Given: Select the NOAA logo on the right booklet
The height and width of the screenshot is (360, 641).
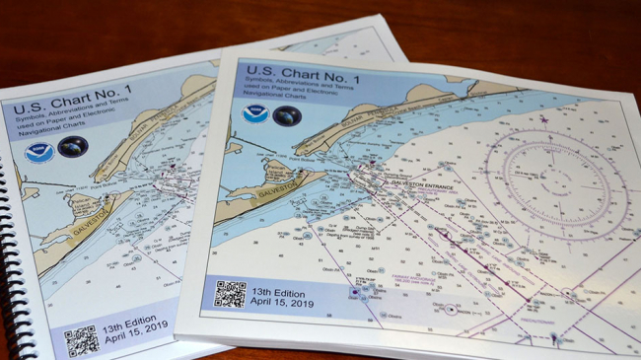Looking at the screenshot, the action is [x=255, y=113].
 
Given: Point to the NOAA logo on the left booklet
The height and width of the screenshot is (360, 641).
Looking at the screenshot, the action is [x=38, y=153].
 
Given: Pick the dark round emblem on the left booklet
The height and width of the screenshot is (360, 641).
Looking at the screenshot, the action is [x=72, y=148].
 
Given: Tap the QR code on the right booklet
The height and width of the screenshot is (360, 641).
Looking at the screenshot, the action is [x=230, y=295].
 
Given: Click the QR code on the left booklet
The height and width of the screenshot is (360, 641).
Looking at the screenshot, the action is [x=81, y=341].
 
